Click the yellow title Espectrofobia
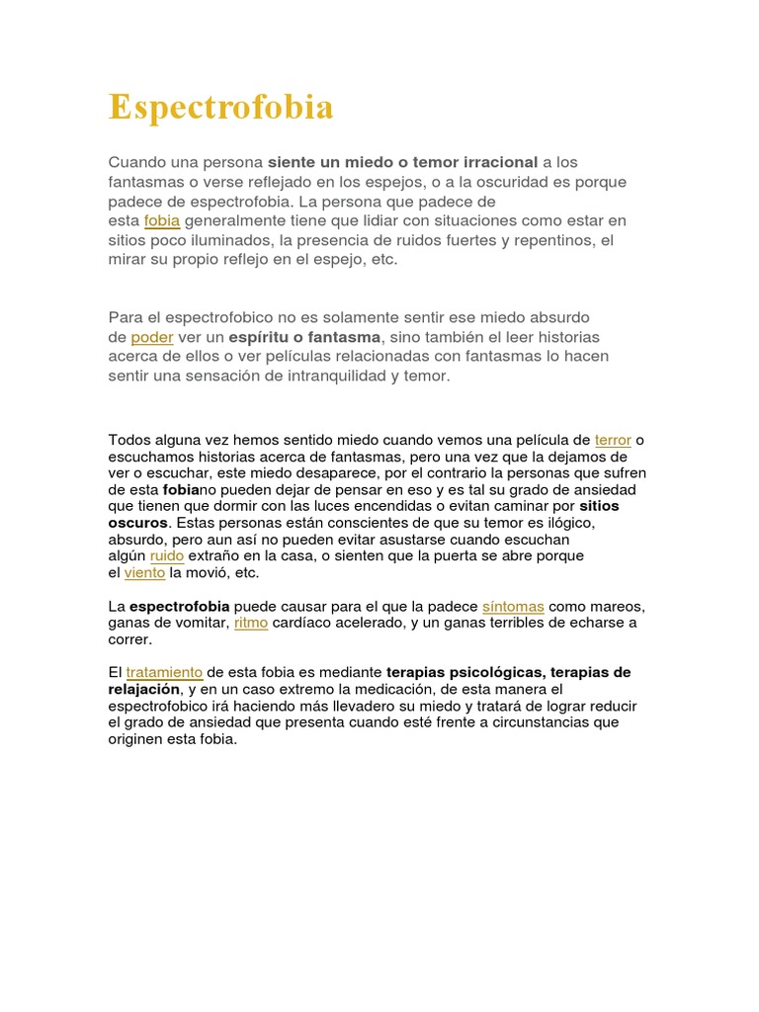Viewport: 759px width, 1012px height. tap(220, 107)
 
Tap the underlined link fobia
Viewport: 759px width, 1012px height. tap(162, 220)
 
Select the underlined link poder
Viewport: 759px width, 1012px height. tap(151, 337)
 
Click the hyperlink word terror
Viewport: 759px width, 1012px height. tap(613, 440)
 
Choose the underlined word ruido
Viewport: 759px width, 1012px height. tap(167, 555)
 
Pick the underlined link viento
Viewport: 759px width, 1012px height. tap(144, 572)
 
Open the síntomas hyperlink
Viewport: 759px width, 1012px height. tap(513, 606)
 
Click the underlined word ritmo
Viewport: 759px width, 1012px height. tap(251, 623)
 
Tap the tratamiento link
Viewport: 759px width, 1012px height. tap(164, 672)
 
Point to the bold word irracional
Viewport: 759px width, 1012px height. tap(493, 161)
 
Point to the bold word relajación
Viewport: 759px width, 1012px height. tap(144, 689)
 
